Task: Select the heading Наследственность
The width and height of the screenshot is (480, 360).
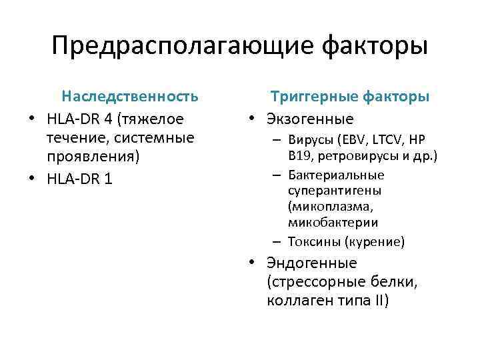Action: coord(130,97)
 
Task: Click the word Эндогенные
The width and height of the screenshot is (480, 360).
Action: coord(311,263)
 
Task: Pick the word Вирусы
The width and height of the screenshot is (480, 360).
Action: coord(311,141)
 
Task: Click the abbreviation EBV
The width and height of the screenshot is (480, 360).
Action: coord(354,141)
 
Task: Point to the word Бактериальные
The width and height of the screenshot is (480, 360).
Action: coord(337,175)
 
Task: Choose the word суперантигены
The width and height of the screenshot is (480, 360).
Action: coord(331,191)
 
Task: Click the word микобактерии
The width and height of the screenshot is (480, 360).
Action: coord(333,223)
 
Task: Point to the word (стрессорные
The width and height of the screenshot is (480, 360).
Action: coord(314,282)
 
